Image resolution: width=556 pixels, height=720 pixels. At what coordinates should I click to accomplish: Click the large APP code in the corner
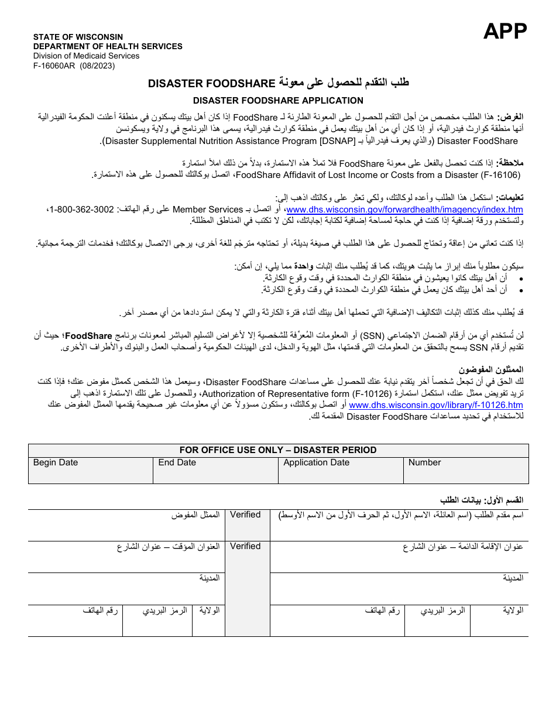505,31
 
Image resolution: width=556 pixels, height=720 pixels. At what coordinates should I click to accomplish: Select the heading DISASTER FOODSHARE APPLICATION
278,101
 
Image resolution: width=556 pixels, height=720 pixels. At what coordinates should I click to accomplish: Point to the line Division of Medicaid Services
86,56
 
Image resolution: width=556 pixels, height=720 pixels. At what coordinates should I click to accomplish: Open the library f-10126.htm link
436,405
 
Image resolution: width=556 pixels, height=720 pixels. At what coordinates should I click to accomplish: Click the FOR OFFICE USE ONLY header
278,450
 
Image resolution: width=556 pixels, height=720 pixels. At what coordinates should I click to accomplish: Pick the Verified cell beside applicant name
245,515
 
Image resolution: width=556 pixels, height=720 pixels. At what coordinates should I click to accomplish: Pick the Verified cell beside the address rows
245,547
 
